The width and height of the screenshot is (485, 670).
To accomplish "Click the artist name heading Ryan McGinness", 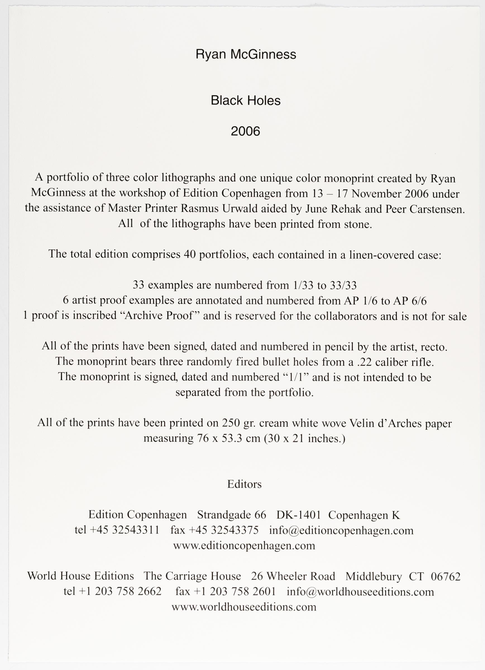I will coord(246,55).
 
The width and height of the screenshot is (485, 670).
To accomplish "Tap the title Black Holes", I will coord(246,101).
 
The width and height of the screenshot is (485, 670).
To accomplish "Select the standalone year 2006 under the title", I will coord(245,131).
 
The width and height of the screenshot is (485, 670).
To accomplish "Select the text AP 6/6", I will coord(410,301).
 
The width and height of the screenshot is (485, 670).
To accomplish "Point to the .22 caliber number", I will coord(364,362).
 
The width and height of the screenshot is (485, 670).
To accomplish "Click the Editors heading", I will coord(244,484).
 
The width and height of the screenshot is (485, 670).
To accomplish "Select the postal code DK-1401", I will coord(298,515).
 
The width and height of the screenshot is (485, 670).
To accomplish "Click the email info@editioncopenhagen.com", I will coord(341,530).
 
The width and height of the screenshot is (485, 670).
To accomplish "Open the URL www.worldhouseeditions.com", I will coord(244,607).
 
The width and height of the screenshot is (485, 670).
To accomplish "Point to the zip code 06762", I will coord(446,576).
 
